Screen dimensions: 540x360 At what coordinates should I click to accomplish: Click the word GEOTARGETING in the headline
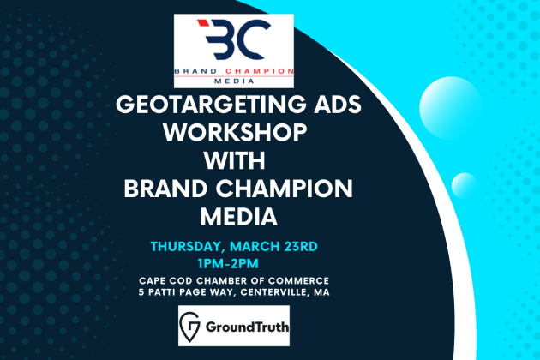pyautogui.click(x=211, y=105)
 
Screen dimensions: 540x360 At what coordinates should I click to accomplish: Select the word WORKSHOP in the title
pyautogui.click(x=235, y=133)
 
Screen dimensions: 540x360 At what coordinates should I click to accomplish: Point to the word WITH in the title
pyautogui.click(x=234, y=161)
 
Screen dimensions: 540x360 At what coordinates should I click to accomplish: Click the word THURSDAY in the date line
pyautogui.click(x=188, y=248)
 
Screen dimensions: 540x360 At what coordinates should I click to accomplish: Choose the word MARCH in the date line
pyautogui.click(x=255, y=247)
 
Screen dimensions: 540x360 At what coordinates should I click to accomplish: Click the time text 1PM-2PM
pyautogui.click(x=228, y=264)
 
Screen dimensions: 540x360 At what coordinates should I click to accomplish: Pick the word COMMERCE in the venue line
pyautogui.click(x=299, y=281)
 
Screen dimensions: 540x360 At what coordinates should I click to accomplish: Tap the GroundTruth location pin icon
pyautogui.click(x=189, y=327)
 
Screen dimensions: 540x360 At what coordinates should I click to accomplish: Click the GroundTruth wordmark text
pyautogui.click(x=247, y=327)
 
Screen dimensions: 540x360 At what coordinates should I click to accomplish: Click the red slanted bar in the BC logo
pyautogui.click(x=203, y=23)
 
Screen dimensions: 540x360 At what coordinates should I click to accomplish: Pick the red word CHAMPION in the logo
pyautogui.click(x=260, y=71)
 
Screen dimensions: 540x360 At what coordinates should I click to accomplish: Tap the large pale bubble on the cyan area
pyautogui.click(x=451, y=108)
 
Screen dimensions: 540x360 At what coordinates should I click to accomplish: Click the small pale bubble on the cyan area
pyautogui.click(x=465, y=186)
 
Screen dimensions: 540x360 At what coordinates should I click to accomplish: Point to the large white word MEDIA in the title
pyautogui.click(x=239, y=217)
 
